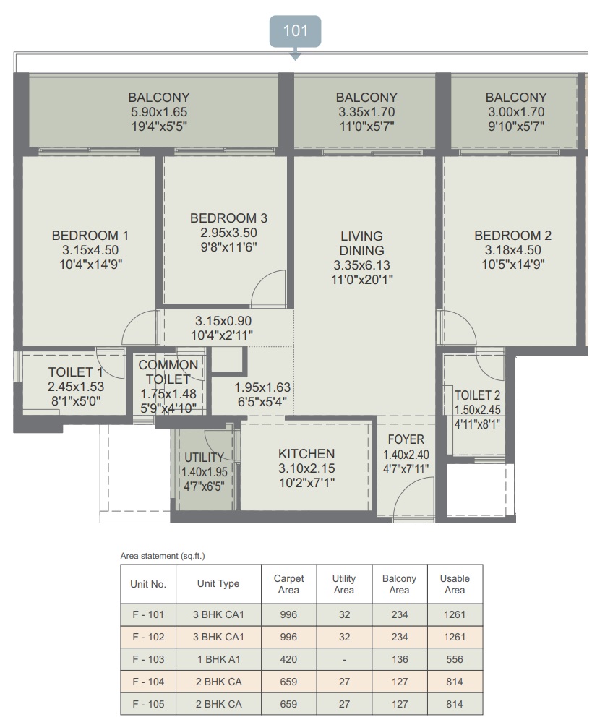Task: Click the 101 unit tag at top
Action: click(295, 31)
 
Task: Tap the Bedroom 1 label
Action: click(90, 236)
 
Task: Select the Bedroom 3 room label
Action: click(228, 218)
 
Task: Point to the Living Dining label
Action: click(361, 243)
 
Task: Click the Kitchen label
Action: click(306, 454)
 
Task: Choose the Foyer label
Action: click(406, 439)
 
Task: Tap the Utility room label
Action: click(204, 458)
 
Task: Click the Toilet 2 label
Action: click(477, 395)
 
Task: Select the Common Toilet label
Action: click(168, 372)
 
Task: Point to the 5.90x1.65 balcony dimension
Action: click(158, 112)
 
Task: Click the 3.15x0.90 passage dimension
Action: click(223, 321)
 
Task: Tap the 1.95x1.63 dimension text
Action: click(262, 387)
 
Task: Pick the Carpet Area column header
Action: click(288, 584)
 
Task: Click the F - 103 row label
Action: click(148, 659)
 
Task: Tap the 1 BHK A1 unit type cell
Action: click(219, 659)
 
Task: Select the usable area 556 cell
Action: click(455, 659)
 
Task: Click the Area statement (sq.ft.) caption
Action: click(163, 556)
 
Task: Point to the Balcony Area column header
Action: click(399, 584)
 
